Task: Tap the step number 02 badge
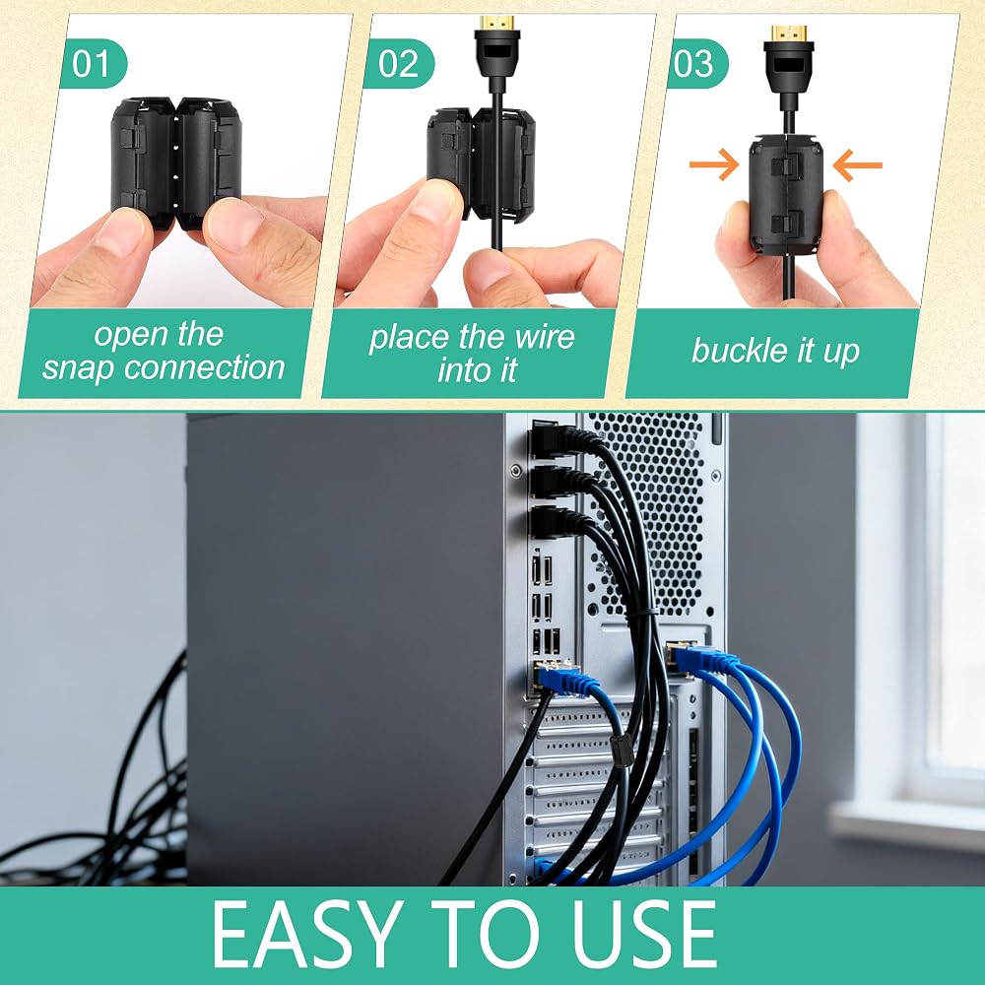(x=400, y=63)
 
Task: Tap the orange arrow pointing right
(x=714, y=165)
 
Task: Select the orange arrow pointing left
(x=858, y=165)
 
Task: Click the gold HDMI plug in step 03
(x=789, y=33)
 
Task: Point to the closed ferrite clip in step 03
(x=785, y=195)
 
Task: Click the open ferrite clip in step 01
(x=176, y=161)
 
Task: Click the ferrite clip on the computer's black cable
(x=619, y=749)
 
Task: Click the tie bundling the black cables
(x=641, y=614)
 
